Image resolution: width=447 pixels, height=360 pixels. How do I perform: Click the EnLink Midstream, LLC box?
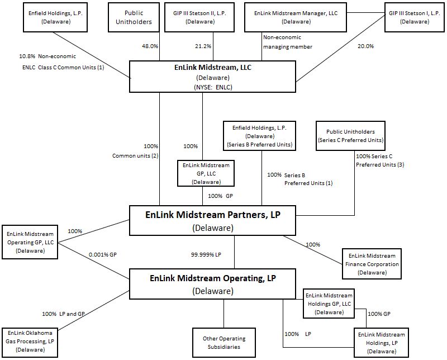pyautogui.click(x=212, y=77)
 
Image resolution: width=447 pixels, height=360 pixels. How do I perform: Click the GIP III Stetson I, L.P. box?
pyautogui.click(x=413, y=16)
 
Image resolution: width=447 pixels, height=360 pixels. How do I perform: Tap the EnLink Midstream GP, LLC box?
pyautogui.click(x=206, y=173)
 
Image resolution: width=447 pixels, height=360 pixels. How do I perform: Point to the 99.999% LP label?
pyautogui.click(x=206, y=254)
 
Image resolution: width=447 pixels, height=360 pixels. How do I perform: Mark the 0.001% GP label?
pyautogui.click(x=102, y=254)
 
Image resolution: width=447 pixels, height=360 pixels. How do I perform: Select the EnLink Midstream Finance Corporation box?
pyautogui.click(x=372, y=264)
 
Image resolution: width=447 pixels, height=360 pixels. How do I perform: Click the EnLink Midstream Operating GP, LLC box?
pyautogui.click(x=31, y=242)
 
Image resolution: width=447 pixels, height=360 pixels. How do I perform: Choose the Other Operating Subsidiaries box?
pyautogui.click(x=223, y=343)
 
